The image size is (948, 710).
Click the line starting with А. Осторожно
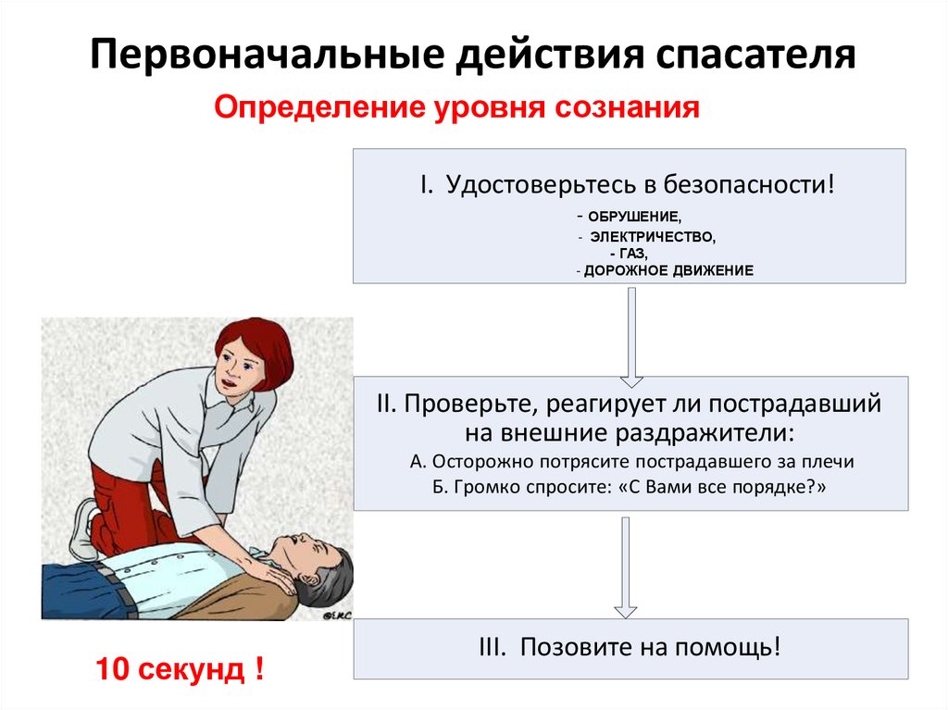pyautogui.click(x=630, y=461)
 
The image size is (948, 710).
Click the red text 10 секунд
pyautogui.click(x=176, y=668)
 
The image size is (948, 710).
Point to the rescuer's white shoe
pyautogui.click(x=86, y=529)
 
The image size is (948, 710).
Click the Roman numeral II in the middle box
pyautogui.click(x=386, y=405)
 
